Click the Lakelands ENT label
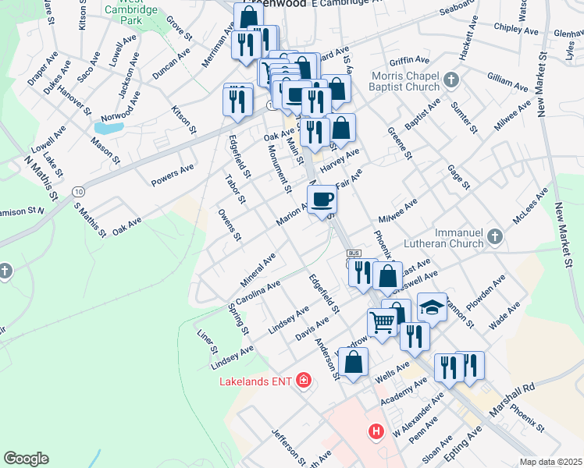pyautogui.click(x=254, y=381)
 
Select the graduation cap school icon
pyautogui.click(x=432, y=308)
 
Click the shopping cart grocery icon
pyautogui.click(x=382, y=322)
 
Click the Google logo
pyautogui.click(x=26, y=459)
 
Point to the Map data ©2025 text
pyautogui.click(x=550, y=462)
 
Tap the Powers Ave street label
pyautogui.click(x=172, y=175)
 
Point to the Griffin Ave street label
pyautogui.click(x=410, y=60)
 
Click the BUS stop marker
pyautogui.click(x=353, y=254)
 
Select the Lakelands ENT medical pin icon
pyautogui.click(x=302, y=381)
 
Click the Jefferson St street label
pyautogui.click(x=284, y=445)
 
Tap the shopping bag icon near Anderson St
pyautogui.click(x=353, y=363)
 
